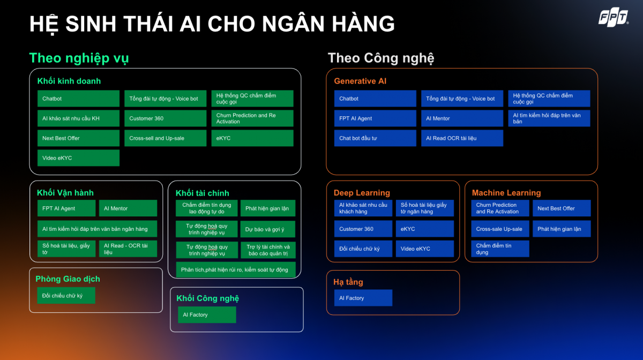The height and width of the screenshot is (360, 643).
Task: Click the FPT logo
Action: [614, 17]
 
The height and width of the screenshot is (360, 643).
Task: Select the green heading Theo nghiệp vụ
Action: [79, 58]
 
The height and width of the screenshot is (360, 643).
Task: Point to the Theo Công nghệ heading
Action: [381, 58]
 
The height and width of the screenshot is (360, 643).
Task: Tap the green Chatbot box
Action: [78, 99]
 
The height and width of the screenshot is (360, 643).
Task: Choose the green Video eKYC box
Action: [78, 158]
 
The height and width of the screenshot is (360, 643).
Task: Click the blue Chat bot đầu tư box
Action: [375, 138]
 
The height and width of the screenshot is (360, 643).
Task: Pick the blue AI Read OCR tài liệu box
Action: [462, 138]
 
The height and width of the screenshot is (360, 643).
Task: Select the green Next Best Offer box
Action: [78, 138]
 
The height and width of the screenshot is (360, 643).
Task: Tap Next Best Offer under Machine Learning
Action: [562, 208]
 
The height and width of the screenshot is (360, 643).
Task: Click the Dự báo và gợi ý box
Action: [268, 229]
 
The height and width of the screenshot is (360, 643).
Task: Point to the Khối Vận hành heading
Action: [65, 193]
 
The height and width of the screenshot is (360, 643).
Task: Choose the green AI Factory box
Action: [207, 314]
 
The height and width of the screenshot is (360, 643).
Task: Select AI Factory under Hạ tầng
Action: [363, 298]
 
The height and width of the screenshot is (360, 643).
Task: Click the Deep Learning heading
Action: [362, 193]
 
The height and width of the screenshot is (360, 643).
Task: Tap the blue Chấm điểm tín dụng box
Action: [500, 249]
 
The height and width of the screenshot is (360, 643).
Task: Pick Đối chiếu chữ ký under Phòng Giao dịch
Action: [66, 295]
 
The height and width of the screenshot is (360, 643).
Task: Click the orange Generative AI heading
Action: [360, 81]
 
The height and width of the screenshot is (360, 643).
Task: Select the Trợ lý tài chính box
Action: [268, 250]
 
